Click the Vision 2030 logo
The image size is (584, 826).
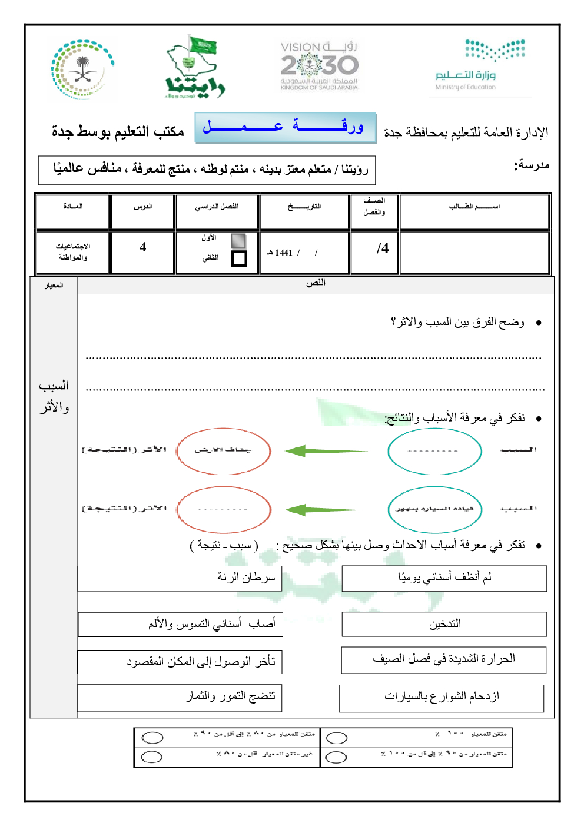319,65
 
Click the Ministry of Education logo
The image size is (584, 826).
480,65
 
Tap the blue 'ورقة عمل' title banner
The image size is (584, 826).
286,127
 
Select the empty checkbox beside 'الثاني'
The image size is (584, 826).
239,258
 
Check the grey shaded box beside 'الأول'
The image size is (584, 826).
238,240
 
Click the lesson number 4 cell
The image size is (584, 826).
143,247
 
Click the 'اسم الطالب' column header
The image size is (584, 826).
474,207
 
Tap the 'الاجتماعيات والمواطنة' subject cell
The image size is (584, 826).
73,252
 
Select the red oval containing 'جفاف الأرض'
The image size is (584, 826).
223,450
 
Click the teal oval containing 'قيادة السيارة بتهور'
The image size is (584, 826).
435,509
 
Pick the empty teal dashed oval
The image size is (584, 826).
434,451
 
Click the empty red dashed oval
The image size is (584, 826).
223,509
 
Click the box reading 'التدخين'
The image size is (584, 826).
444,624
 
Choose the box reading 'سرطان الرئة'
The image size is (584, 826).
180,578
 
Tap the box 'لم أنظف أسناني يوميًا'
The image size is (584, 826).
444,578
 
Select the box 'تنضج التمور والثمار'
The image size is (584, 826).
180,697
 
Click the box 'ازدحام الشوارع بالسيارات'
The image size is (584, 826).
441,698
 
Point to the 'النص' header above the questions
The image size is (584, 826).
316,283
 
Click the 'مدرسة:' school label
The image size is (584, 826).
532,165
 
